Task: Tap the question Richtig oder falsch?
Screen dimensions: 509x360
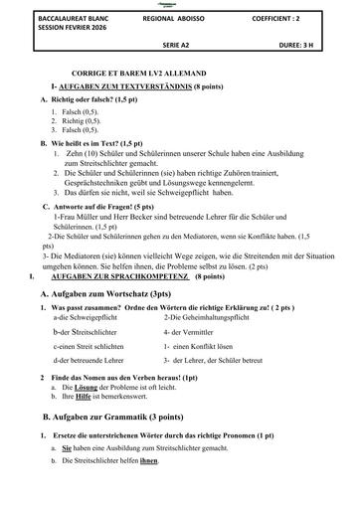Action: coord(83,101)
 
